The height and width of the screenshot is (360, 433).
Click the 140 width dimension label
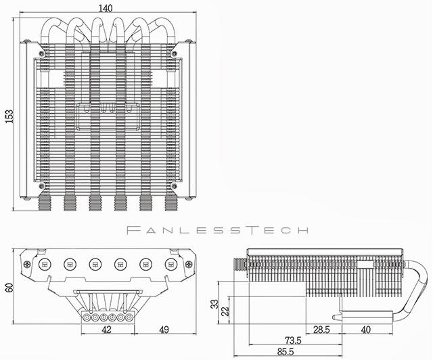[106, 8]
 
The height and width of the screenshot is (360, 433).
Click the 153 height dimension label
[9, 116]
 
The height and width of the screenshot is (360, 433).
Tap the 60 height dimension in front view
[9, 288]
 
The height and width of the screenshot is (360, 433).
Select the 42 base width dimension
[107, 330]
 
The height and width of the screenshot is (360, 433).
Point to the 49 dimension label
[164, 330]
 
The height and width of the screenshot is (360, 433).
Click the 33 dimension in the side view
[214, 304]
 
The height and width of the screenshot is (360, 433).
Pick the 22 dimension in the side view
[225, 311]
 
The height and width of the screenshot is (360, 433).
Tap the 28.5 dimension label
[321, 330]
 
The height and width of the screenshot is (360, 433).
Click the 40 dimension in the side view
[365, 330]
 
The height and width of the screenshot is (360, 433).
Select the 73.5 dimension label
[293, 340]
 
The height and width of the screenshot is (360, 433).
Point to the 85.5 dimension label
[286, 352]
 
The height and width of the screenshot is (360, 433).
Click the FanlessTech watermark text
[217, 230]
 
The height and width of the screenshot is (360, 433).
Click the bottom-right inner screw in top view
[174, 185]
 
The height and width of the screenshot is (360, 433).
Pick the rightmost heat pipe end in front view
[171, 265]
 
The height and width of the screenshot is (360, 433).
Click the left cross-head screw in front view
[27, 264]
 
